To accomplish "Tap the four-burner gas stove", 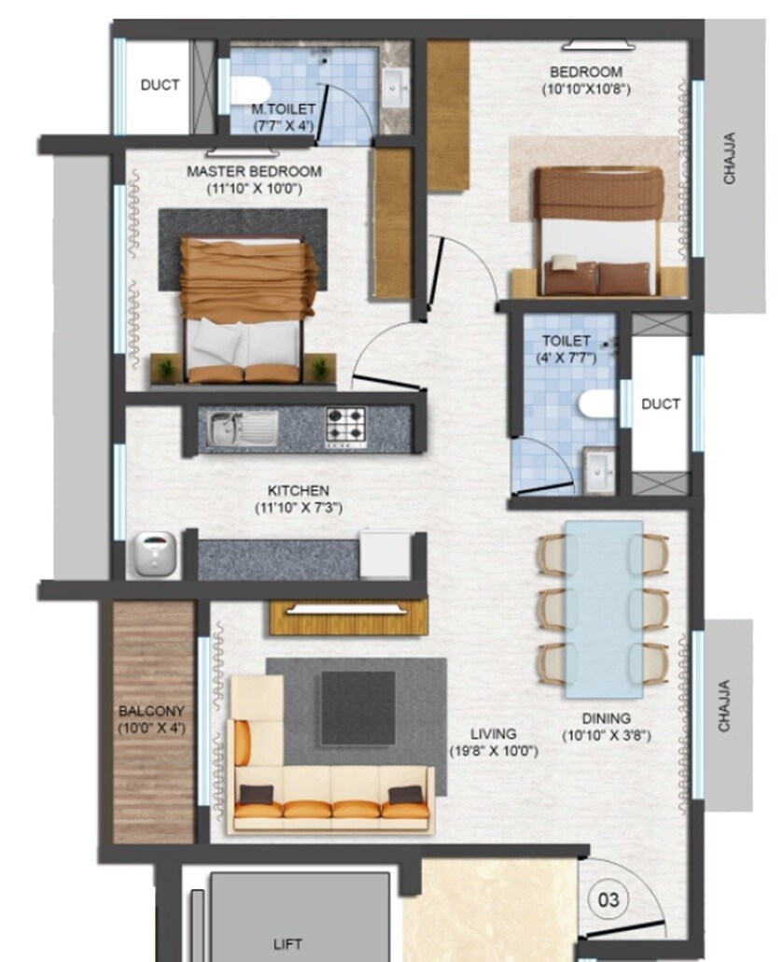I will (x=346, y=429).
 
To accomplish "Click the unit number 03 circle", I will (x=609, y=900).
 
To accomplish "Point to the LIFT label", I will (x=288, y=944).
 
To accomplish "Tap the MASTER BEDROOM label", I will (x=254, y=172).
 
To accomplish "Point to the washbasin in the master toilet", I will (x=396, y=89).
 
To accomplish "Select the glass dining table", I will (x=604, y=609).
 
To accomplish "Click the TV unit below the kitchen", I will (x=347, y=615).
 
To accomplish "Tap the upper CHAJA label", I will (x=729, y=159).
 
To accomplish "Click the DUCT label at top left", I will (x=160, y=85).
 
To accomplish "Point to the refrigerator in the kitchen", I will (x=386, y=555).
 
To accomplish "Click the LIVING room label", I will (x=494, y=734).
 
